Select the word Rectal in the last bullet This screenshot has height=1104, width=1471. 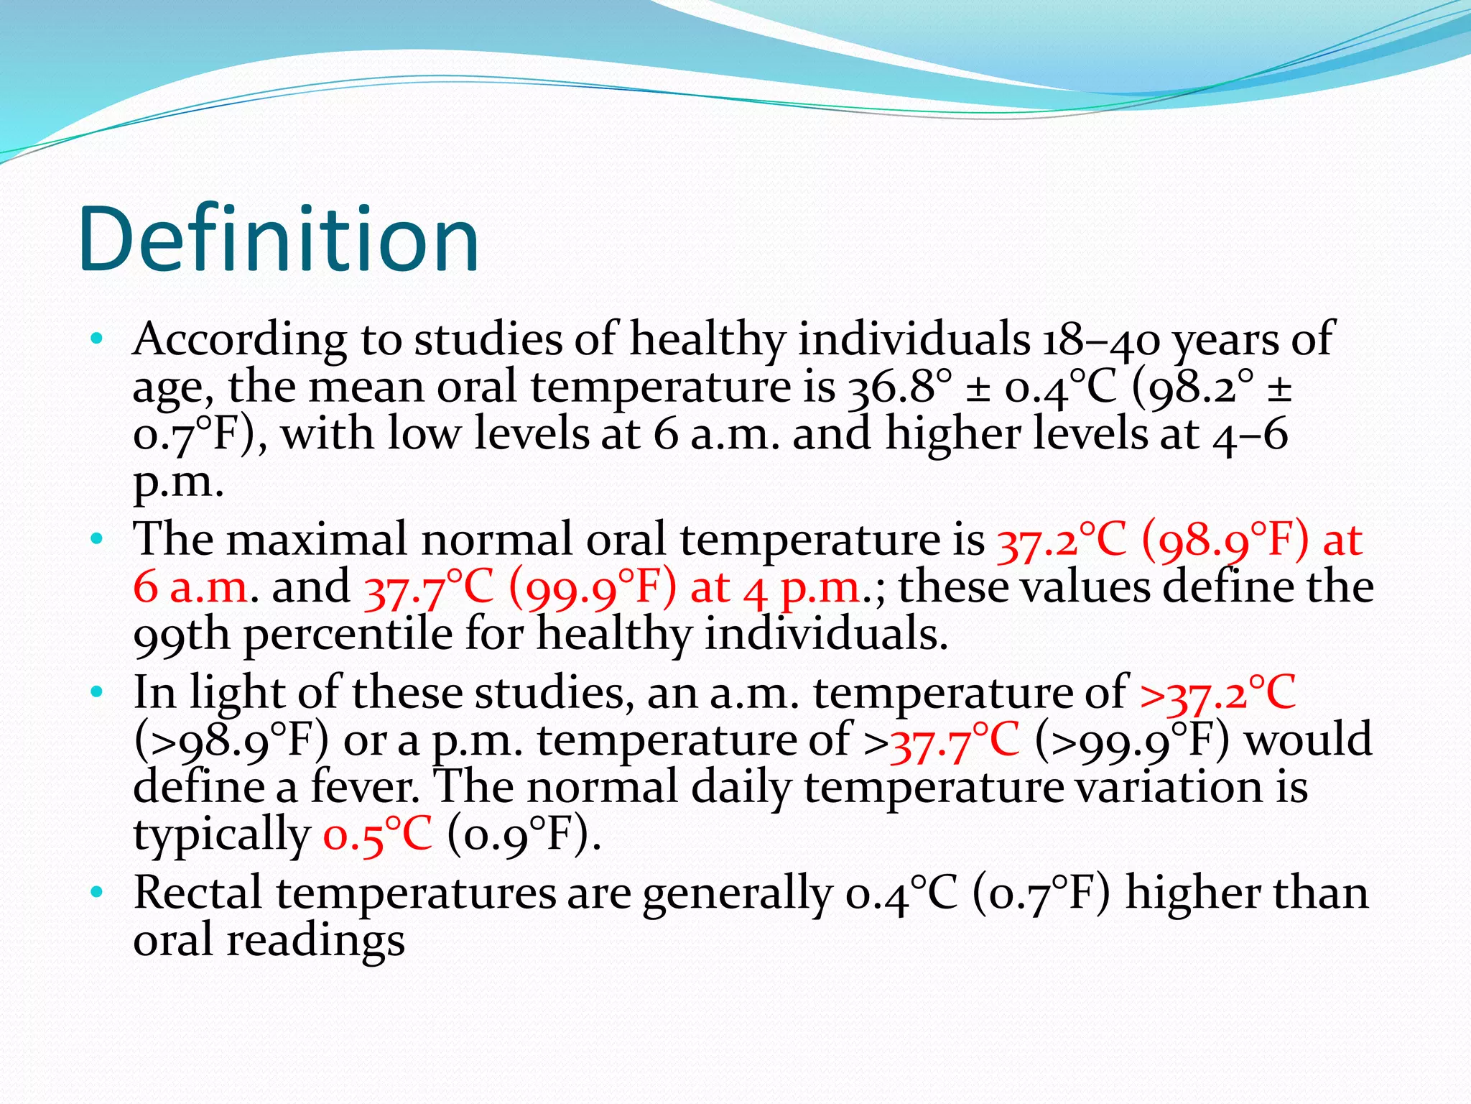tap(197, 893)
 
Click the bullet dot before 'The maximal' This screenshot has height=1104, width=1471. tap(97, 538)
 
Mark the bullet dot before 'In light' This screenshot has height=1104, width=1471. tap(97, 691)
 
